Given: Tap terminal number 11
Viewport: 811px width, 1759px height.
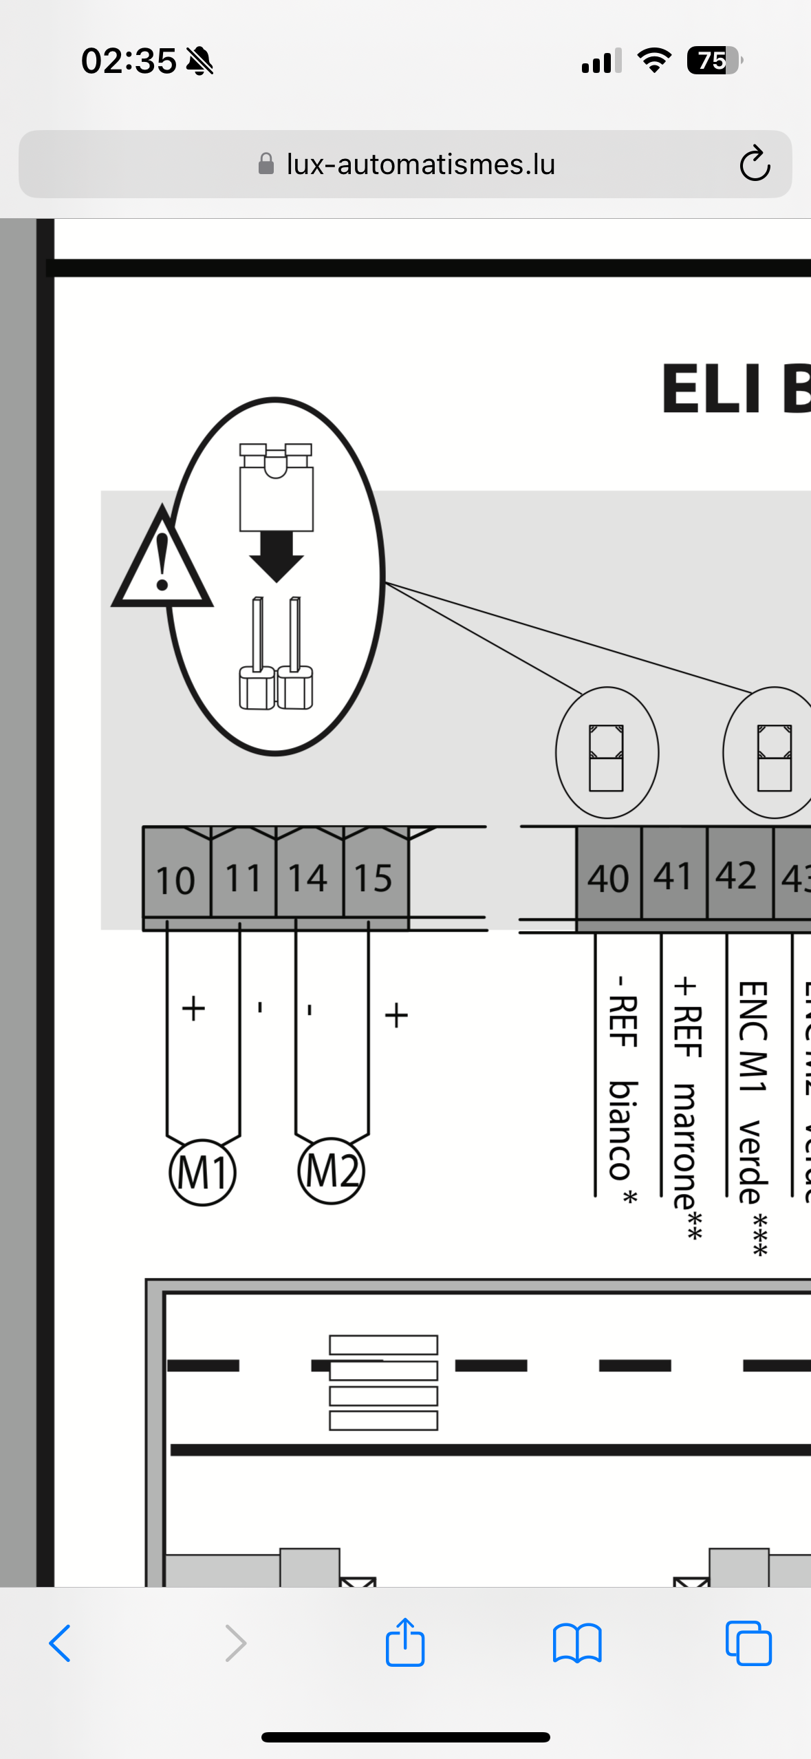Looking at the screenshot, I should [x=244, y=878].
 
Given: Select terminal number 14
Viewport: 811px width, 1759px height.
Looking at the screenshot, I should [x=307, y=878].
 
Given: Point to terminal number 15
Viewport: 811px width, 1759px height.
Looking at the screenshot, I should [x=374, y=878].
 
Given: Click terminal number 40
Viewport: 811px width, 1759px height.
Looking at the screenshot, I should [x=608, y=878].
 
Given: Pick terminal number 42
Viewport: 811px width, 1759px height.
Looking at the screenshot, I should [x=737, y=875].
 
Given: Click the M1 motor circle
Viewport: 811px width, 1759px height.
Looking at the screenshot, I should [x=202, y=1172].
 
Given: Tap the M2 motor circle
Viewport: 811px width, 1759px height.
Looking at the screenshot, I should [x=331, y=1171].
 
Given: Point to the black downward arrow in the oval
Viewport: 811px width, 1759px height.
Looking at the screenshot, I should [x=277, y=556].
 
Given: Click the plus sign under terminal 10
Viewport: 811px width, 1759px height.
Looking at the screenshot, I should [x=193, y=1008].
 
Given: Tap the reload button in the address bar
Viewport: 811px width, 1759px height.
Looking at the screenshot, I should [x=754, y=164].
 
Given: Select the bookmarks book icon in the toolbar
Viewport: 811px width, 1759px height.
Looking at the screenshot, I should [x=577, y=1643].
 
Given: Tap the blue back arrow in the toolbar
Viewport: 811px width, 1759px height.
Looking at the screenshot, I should [x=60, y=1643].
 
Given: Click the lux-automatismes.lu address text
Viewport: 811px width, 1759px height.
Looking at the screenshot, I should [x=420, y=164].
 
